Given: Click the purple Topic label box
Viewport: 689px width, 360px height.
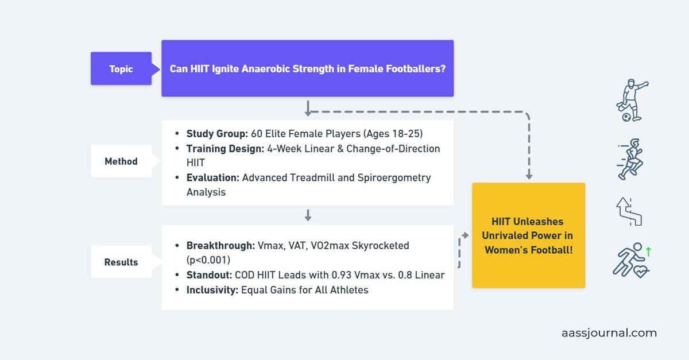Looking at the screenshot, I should [121, 69].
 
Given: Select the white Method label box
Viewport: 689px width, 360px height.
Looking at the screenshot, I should [121, 161].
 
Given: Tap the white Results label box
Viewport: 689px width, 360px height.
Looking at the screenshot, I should [121, 262].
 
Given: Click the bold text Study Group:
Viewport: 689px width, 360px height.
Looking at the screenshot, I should [217, 134].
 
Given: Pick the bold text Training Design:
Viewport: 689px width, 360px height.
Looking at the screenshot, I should [224, 149].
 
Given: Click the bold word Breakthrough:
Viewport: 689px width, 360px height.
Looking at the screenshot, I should [221, 246].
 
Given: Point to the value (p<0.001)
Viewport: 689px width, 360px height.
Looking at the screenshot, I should [208, 260].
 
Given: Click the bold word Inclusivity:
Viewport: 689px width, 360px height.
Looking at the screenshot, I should [212, 290].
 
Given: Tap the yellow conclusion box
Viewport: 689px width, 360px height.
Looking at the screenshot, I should [528, 235].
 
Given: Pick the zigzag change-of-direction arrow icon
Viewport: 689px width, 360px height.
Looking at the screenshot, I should [629, 211].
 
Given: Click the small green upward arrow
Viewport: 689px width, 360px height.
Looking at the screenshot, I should [649, 251].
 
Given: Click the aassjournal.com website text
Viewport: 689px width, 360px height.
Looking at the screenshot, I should [609, 333].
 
